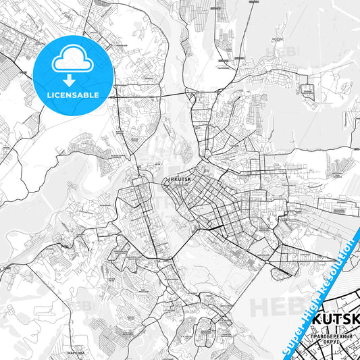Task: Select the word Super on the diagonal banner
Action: [x=291, y=340]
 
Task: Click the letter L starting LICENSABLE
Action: [x=49, y=95]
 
